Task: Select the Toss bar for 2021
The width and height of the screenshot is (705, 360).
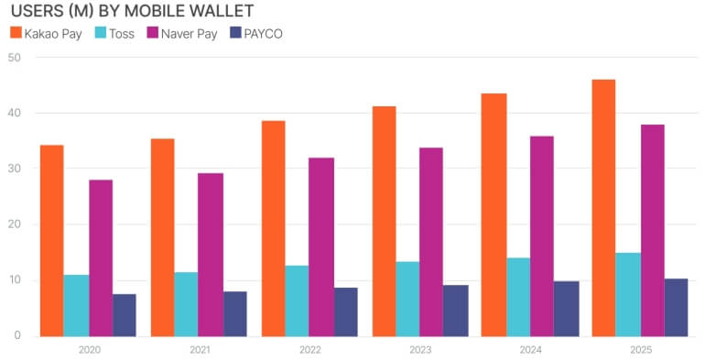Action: point(186,303)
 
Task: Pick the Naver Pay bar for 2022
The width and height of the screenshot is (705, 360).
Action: point(321,246)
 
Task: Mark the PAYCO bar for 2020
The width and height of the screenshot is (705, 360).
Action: point(125,314)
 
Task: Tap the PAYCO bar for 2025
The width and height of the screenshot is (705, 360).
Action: point(676,307)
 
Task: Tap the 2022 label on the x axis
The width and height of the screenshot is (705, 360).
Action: point(309,349)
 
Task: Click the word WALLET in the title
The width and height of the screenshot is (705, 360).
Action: point(221,11)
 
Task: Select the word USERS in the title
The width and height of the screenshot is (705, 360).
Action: point(36,11)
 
